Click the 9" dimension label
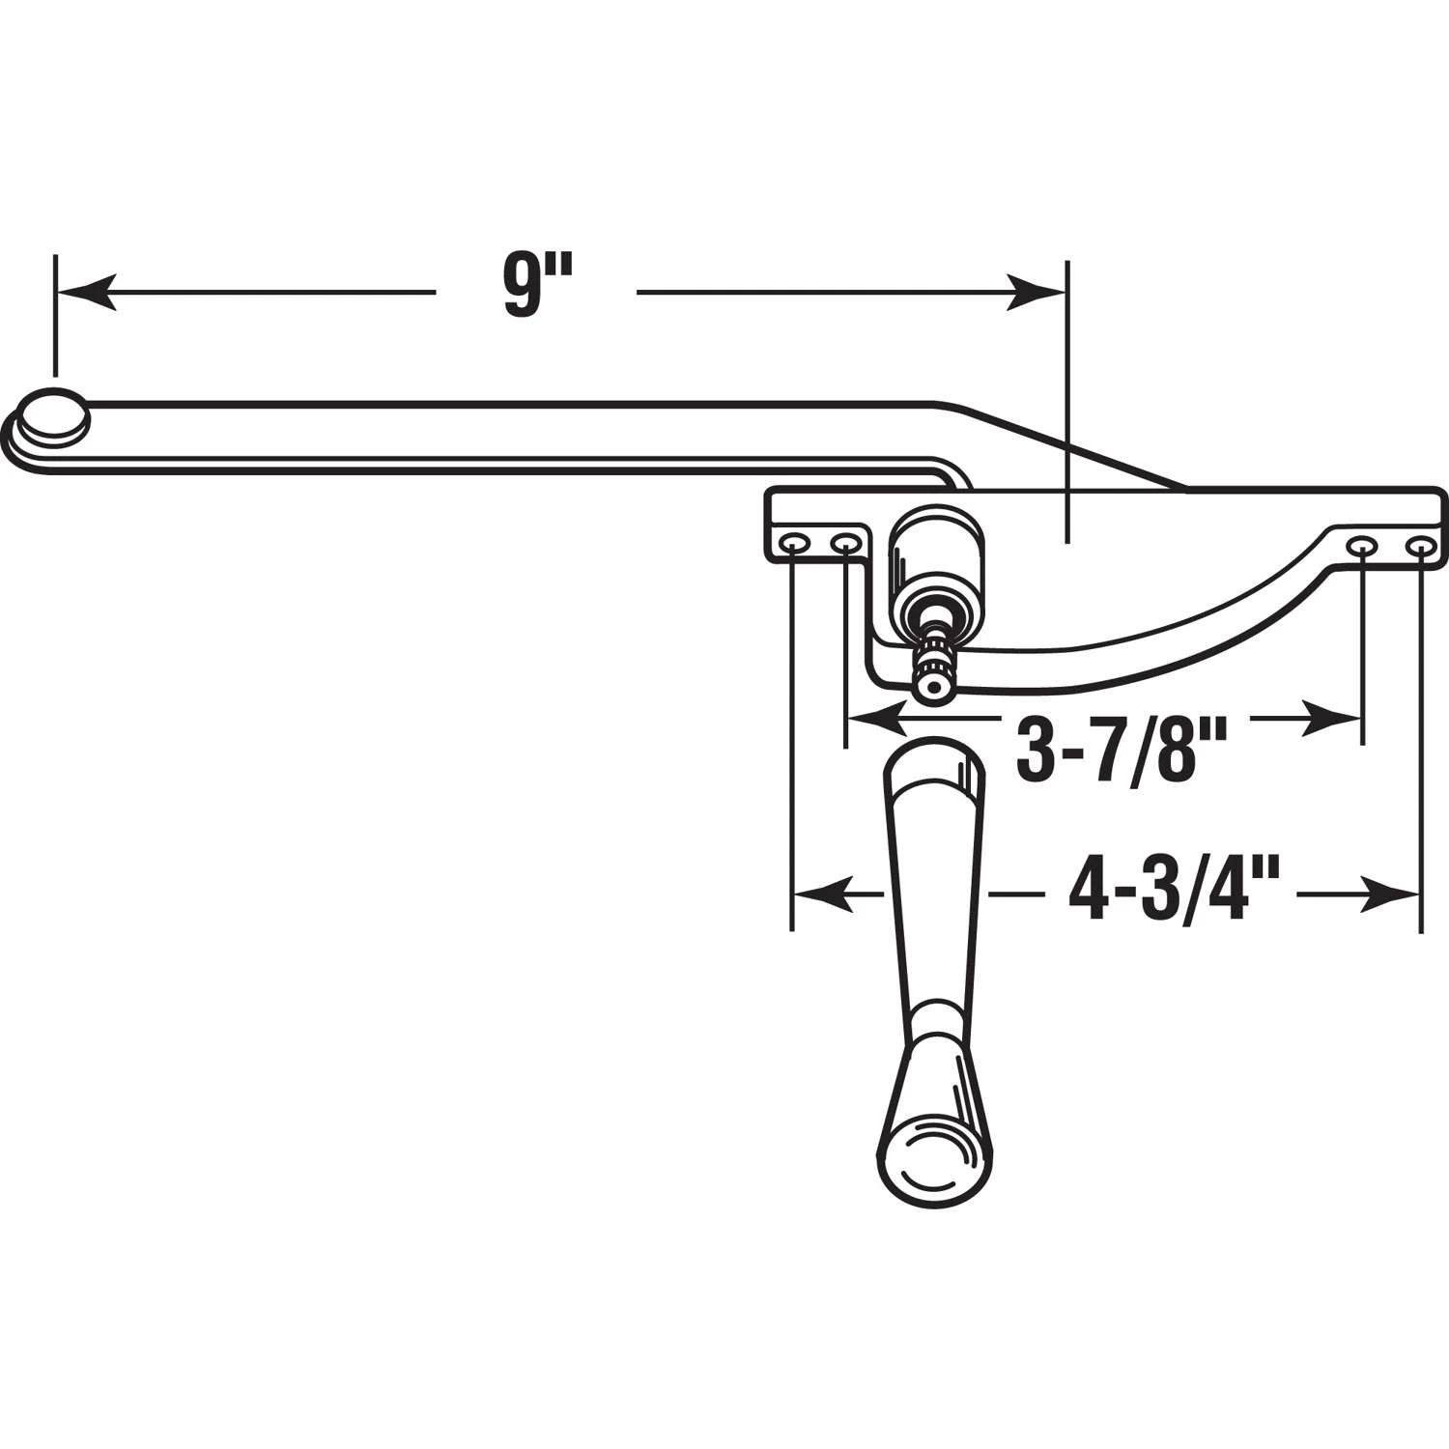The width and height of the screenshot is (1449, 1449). click(537, 286)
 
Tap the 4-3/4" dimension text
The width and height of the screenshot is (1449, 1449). click(1173, 890)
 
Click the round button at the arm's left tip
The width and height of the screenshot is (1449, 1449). click(54, 418)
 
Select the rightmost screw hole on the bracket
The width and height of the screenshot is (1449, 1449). click(1419, 548)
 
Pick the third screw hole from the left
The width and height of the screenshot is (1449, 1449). click(1362, 548)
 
